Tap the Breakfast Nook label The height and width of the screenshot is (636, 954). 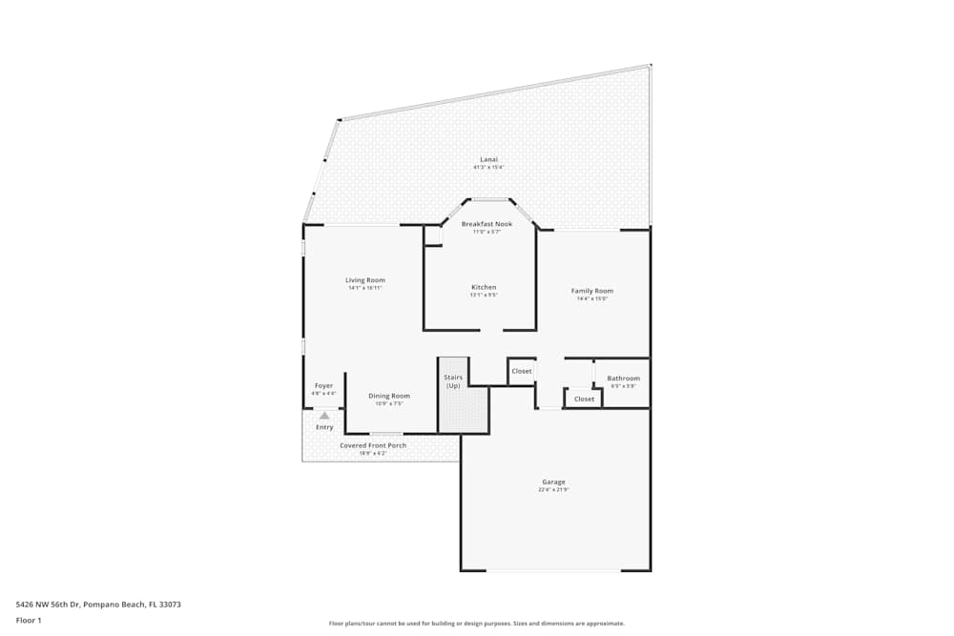[487, 224]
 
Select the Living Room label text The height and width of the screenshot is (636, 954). [365, 280]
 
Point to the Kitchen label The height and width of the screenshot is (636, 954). [484, 287]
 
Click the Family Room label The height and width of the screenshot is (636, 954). [591, 291]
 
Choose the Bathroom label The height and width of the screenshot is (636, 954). [623, 379]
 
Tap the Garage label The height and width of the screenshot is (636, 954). [553, 482]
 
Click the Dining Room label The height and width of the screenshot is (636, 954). [389, 396]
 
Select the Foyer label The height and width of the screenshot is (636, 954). [324, 386]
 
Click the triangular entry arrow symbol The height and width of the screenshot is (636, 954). [324, 415]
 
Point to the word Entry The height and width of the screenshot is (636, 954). [324, 427]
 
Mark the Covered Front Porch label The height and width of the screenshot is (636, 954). [373, 445]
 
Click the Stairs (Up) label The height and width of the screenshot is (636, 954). [453, 381]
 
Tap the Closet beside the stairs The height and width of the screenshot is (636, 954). [522, 371]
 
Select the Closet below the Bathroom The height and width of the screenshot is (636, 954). [584, 399]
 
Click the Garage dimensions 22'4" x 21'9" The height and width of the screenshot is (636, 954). [553, 490]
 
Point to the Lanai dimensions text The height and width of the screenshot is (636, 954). [488, 167]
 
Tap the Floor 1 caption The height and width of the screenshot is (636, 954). [29, 620]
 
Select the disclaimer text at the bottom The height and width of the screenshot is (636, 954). [477, 624]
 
